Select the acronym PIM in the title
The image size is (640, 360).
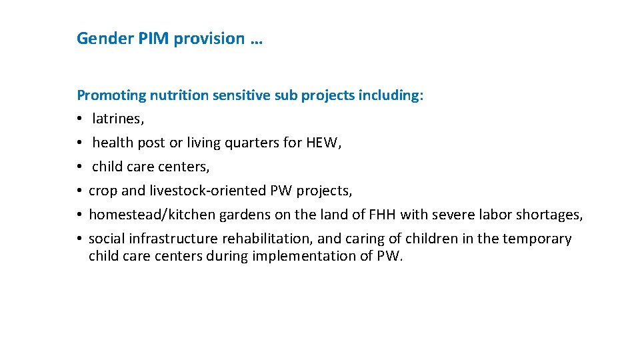coord(153,39)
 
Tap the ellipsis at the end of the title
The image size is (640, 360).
coord(257,40)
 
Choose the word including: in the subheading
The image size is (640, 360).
coord(391,95)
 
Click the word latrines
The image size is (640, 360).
coord(117,119)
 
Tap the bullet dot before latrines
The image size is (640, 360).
coord(79,119)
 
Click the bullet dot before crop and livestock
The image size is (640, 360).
coord(79,191)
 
